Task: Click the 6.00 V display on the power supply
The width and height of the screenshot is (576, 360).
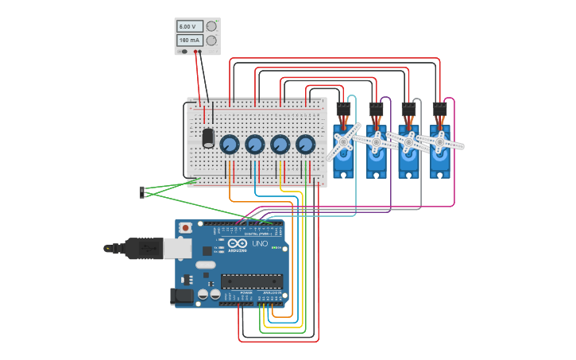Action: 190,26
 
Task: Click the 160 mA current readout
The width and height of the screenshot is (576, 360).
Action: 190,40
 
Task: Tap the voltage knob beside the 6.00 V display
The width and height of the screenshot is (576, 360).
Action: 211,25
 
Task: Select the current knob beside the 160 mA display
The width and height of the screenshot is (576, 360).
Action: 211,40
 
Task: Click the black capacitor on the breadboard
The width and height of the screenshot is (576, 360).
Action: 208,137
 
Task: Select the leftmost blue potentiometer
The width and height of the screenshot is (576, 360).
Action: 229,144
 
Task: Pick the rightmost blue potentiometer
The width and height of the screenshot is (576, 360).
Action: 305,144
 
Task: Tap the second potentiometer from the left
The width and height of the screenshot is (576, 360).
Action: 254,144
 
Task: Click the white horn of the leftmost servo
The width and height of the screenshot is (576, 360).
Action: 344,141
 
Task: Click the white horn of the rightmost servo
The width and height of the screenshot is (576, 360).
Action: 439,142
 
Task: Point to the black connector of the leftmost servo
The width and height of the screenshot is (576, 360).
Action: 343,109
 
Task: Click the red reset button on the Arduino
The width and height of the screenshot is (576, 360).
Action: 186,228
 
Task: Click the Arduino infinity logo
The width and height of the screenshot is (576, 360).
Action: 238,243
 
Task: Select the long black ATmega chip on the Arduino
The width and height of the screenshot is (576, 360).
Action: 252,280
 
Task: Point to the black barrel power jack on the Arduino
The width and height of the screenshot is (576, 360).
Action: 183,296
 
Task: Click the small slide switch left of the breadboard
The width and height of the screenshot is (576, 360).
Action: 142,192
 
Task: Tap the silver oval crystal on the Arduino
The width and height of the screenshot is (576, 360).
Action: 205,265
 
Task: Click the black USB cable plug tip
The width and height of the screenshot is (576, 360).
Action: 108,248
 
